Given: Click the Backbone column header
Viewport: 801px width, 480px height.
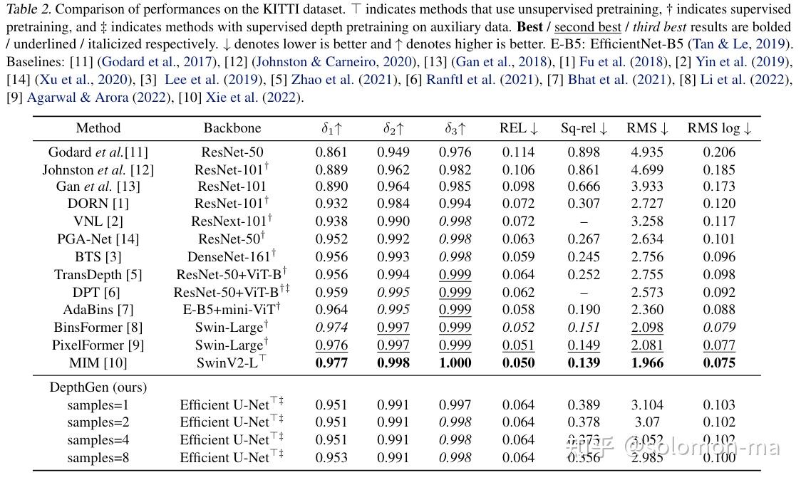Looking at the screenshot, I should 232,129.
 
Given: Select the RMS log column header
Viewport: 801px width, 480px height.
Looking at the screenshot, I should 719,129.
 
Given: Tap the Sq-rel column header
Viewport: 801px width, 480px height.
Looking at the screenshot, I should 584,129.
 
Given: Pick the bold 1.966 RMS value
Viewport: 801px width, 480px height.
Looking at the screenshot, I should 645,362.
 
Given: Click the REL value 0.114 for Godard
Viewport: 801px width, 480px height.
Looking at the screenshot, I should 518,152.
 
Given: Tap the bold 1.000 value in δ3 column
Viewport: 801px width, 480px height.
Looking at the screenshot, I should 455,362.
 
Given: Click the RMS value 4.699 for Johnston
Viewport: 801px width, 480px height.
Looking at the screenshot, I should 645,169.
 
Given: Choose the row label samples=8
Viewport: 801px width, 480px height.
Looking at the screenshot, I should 98,458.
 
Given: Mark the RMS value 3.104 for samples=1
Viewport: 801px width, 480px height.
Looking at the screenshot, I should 645,405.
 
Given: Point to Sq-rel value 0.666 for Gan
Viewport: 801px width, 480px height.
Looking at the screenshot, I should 584,187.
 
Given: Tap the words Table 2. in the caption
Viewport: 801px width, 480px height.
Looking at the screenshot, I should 28,10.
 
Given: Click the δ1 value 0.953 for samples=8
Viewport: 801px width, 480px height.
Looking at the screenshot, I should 331,458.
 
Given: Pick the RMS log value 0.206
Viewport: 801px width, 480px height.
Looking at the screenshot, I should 719,152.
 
